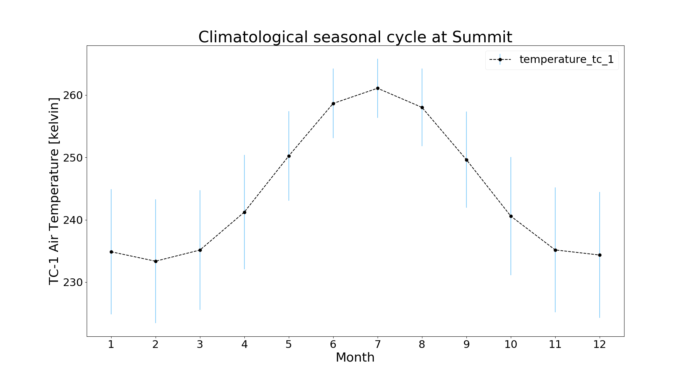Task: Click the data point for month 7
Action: click(x=378, y=88)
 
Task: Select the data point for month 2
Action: click(x=156, y=261)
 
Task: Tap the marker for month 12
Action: click(x=600, y=255)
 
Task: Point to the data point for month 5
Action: click(x=289, y=156)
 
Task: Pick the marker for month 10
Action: click(x=511, y=216)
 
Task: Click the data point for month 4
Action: click(x=244, y=212)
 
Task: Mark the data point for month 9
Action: click(x=466, y=160)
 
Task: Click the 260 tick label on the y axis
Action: click(x=73, y=95)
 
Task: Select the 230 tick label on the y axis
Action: click(x=73, y=283)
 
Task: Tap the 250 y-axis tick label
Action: click(x=73, y=158)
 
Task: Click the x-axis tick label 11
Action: click(x=555, y=345)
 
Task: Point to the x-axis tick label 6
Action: click(x=333, y=345)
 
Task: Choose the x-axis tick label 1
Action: click(x=111, y=345)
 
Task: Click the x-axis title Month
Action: click(x=355, y=358)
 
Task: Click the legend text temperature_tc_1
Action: click(x=566, y=59)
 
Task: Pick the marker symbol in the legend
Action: click(x=500, y=59)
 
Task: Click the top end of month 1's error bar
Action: click(x=111, y=190)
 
